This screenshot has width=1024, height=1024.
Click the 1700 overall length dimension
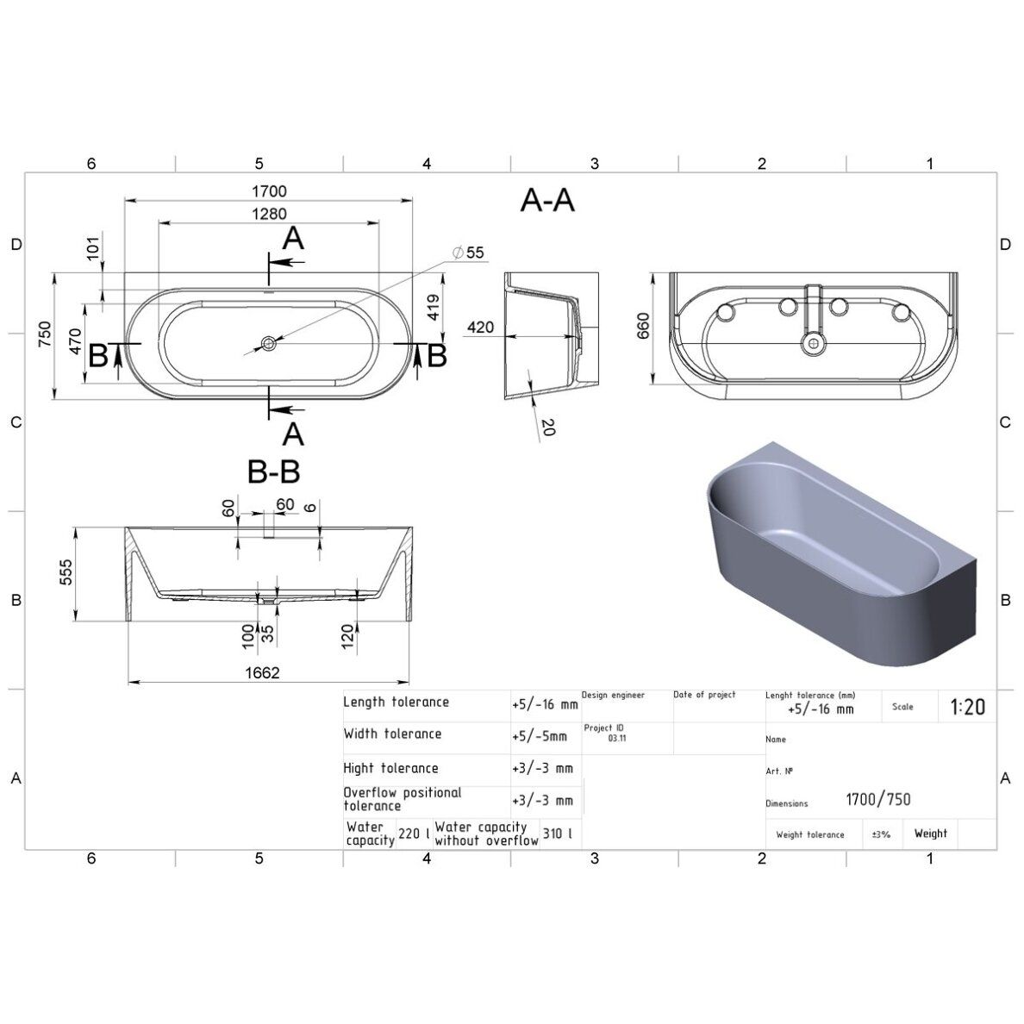coord(269,191)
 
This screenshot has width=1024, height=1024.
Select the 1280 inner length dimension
coord(269,215)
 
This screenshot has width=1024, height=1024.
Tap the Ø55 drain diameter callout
coord(468,253)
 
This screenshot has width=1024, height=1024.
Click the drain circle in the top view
coord(268,343)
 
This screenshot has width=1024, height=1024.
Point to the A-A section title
coord(547,200)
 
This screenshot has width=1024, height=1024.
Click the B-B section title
coord(273,471)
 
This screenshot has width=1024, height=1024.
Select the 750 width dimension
coord(45,334)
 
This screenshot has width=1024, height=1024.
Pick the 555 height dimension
coord(66,572)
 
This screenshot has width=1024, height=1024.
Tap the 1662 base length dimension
coord(263,672)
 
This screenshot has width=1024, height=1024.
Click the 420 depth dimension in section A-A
coord(481,327)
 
